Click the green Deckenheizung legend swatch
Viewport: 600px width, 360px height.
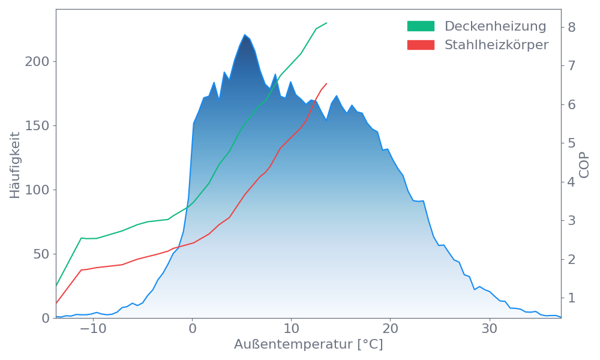pyautogui.click(x=421, y=26)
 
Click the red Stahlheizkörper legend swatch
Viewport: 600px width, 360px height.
pyautogui.click(x=421, y=45)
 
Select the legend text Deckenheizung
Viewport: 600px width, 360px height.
pyautogui.click(x=495, y=26)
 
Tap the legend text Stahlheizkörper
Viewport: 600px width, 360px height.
pyautogui.click(x=496, y=45)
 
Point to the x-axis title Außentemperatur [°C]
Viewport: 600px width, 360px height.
pyautogui.click(x=308, y=345)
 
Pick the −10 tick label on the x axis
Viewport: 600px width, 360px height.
pyautogui.click(x=93, y=329)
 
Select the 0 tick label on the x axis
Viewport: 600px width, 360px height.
pyautogui.click(x=192, y=329)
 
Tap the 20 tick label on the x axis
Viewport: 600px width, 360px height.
pyautogui.click(x=391, y=329)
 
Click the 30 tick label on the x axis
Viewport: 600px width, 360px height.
pyautogui.click(x=490, y=329)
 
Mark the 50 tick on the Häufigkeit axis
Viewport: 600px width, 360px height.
pyautogui.click(x=41, y=254)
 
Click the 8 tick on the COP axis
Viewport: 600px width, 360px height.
pyautogui.click(x=572, y=27)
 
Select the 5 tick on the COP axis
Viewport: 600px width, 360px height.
pyautogui.click(x=572, y=143)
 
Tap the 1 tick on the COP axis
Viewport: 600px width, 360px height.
pyautogui.click(x=572, y=298)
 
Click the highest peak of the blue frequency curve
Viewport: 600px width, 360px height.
pyautogui.click(x=245, y=35)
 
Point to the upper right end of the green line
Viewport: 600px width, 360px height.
pyautogui.click(x=327, y=23)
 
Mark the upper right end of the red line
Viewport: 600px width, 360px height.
pyautogui.click(x=326, y=84)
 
